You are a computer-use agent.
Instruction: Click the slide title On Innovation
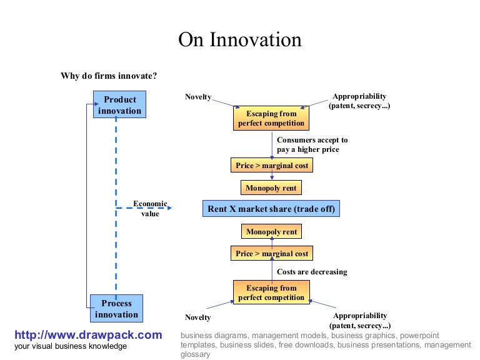point(240,40)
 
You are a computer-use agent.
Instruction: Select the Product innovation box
point(119,105)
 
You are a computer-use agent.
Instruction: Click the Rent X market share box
point(271,209)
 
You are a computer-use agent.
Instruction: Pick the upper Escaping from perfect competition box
point(271,118)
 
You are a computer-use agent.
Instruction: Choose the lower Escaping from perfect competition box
point(271,292)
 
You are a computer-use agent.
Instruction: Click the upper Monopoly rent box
point(271,187)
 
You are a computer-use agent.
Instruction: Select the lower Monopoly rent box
point(271,232)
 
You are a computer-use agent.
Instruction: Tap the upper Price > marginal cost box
point(271,165)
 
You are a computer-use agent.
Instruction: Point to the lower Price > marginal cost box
point(271,254)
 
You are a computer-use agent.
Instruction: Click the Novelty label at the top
point(198,97)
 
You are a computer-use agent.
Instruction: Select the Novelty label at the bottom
point(198,317)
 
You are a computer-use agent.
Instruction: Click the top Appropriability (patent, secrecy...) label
point(359,101)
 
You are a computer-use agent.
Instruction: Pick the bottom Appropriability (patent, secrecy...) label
point(359,321)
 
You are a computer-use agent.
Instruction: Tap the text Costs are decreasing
point(312,272)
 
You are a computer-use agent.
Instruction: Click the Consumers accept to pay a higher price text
point(312,145)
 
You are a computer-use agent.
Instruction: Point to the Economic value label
point(150,209)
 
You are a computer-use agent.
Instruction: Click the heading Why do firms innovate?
point(109,76)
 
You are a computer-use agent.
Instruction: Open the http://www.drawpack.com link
point(88,335)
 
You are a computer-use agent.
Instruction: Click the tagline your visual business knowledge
point(71,346)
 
